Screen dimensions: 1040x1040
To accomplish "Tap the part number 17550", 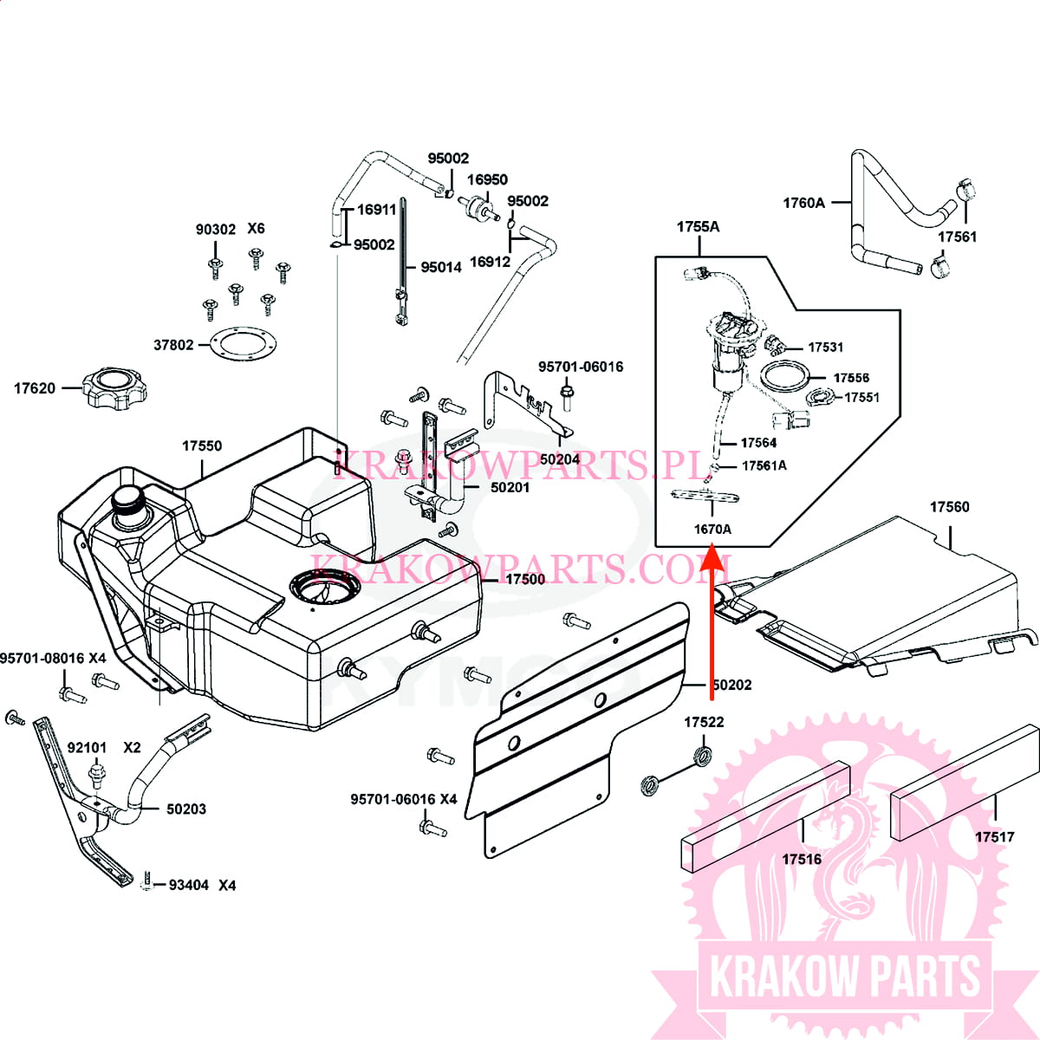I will [x=201, y=446].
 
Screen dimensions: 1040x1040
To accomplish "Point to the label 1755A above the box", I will [x=698, y=227].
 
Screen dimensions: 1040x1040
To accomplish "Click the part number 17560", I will [x=950, y=507].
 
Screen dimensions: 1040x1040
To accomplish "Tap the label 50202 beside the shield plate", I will [x=731, y=685].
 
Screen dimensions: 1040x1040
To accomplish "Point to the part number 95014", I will [x=441, y=268].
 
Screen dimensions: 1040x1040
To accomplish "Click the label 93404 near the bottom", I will [x=188, y=886].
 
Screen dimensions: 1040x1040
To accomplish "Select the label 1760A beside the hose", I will [x=803, y=203].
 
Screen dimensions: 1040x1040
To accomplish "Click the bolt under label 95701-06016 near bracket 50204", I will [x=568, y=399].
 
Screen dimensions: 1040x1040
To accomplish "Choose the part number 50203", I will [x=186, y=809].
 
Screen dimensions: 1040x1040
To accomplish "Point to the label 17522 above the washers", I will [x=704, y=722].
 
